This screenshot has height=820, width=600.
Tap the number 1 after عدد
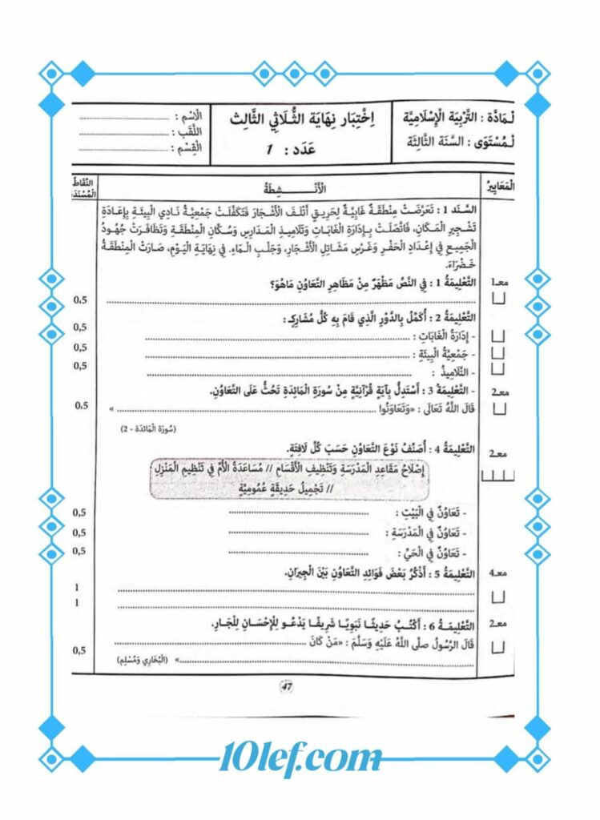270,149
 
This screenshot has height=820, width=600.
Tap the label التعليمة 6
448,625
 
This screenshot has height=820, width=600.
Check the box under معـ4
497,597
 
